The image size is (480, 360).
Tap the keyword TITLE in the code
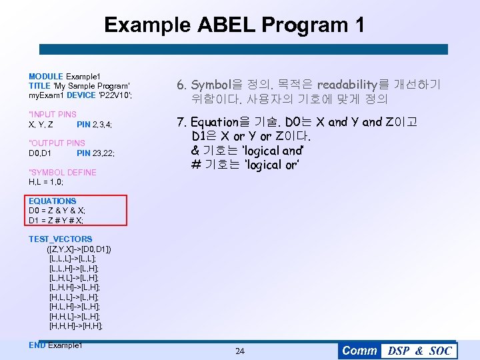click(x=39, y=86)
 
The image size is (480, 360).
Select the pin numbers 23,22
click(x=103, y=153)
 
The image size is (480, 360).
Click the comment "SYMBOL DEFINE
click(x=63, y=172)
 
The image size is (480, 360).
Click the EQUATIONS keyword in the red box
click(x=53, y=201)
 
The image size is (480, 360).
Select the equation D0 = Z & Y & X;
click(x=57, y=211)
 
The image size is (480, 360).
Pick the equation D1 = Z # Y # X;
click(x=56, y=220)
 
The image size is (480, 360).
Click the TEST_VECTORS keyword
click(x=61, y=239)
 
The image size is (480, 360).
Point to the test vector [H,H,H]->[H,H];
click(x=76, y=326)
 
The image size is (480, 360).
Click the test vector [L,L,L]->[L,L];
click(x=73, y=258)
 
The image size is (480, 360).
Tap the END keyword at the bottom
click(x=37, y=345)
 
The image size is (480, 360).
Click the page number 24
click(x=240, y=351)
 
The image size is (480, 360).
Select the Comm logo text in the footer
click(x=359, y=351)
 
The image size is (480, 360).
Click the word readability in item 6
click(x=347, y=85)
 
